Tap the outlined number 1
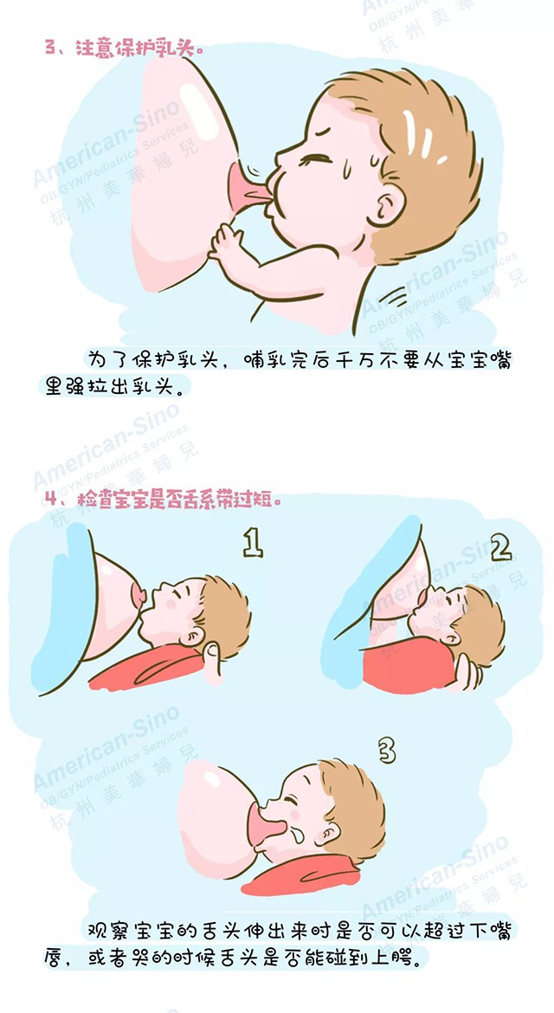[253, 544]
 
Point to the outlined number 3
[386, 752]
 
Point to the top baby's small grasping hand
[226, 242]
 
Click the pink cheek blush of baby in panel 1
[171, 604]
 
